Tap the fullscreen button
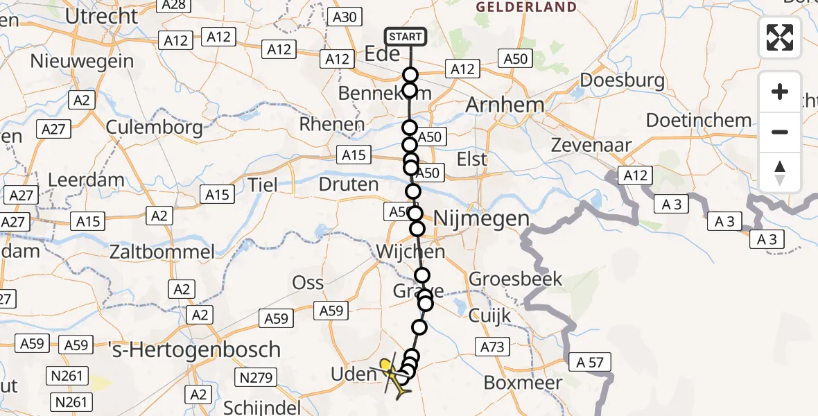coord(780,37)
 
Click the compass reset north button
coord(780,173)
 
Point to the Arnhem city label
coord(505,105)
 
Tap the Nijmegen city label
coord(482,219)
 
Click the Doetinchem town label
coord(699,120)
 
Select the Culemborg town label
coord(155,128)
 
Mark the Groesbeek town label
coord(516,279)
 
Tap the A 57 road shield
coord(590,362)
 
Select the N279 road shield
coord(257,378)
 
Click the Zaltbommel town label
coord(162,251)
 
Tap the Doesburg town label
coord(622,80)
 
